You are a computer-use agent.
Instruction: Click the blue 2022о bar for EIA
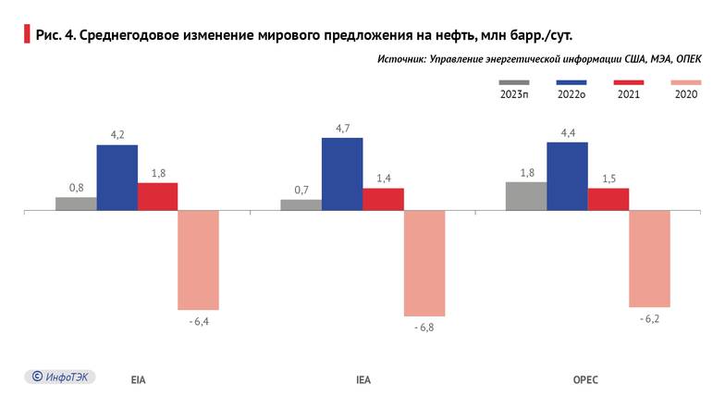click(117, 178)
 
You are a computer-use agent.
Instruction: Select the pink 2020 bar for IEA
click(424, 264)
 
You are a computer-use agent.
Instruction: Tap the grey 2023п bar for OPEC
click(526, 196)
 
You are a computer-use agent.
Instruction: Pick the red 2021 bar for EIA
click(157, 196)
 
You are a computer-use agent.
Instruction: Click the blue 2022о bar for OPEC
click(567, 176)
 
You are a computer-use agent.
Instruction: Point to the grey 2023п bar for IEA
click(301, 205)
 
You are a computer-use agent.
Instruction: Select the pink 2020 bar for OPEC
click(649, 258)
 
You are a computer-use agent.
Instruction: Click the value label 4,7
click(342, 129)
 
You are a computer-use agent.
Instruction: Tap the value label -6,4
click(198, 321)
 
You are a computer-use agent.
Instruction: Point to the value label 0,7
click(301, 190)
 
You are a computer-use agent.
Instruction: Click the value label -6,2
click(649, 318)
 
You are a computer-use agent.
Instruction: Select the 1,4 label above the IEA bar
click(383, 178)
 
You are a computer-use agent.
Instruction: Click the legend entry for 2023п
click(514, 94)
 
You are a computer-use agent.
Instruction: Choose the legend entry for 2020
click(685, 94)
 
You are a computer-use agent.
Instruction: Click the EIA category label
click(138, 379)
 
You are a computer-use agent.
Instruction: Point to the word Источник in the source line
click(401, 59)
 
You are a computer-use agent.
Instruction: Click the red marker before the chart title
click(25, 35)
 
